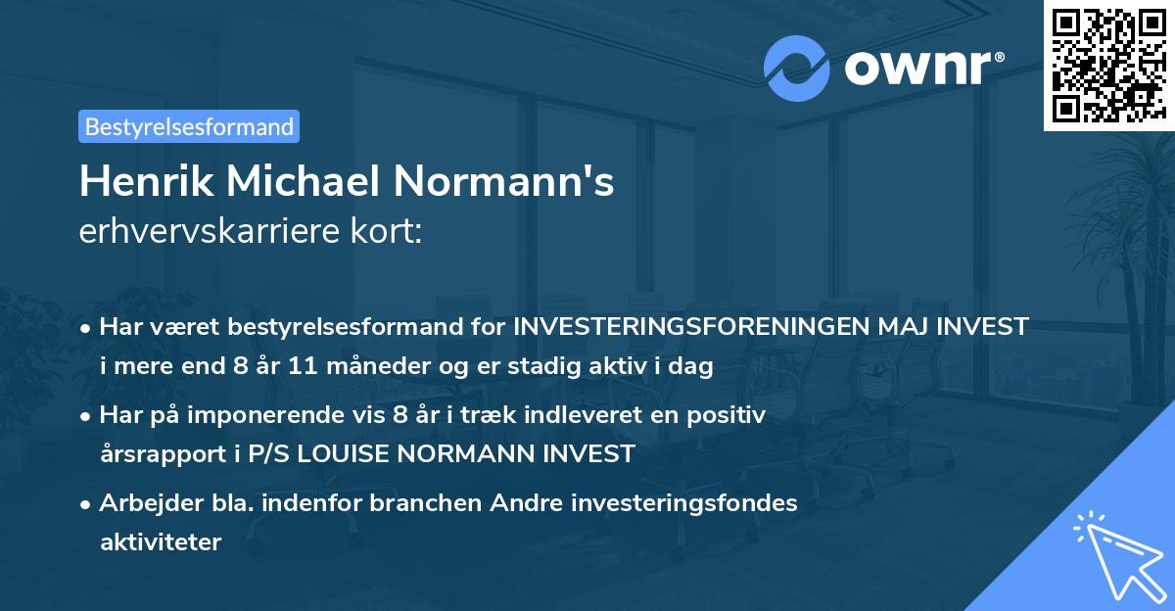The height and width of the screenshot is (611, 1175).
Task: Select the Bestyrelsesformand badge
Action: point(189,126)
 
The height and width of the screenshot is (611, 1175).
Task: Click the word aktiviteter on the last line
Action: point(161,541)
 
